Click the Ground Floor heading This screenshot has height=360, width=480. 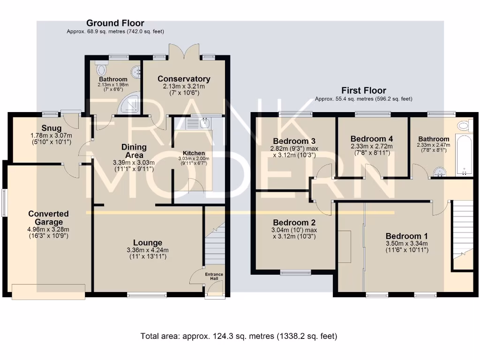point(115,23)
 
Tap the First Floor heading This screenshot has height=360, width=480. point(364,90)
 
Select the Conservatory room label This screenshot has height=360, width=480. point(184,79)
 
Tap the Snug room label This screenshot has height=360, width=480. point(52,128)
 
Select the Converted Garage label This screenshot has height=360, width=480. point(48,218)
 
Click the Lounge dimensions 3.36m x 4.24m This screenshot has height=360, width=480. point(148,250)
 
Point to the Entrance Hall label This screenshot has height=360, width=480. point(214,277)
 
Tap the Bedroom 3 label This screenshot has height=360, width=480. point(294,141)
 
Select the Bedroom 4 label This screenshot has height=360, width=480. point(372,139)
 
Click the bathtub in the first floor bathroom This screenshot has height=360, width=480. point(463,152)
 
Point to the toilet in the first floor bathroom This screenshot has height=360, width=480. point(463,125)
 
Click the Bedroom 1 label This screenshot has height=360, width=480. point(406,236)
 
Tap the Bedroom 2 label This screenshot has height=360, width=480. point(294,223)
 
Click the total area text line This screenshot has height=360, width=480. point(239,336)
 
